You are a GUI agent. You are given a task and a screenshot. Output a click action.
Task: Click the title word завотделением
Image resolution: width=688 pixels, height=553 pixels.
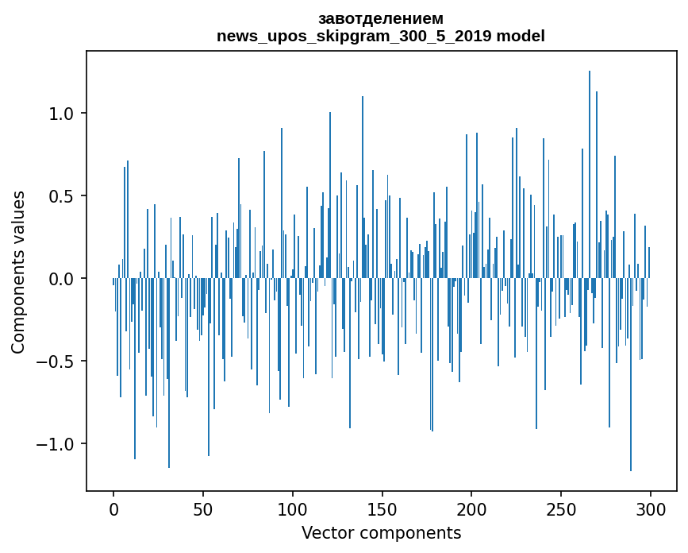[381, 18]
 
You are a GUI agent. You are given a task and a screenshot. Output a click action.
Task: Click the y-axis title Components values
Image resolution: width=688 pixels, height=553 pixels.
[18, 272]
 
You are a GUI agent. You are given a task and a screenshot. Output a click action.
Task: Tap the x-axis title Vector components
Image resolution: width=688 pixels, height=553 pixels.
[381, 532]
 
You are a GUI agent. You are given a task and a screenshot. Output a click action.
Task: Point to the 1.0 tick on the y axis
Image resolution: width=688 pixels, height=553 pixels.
[63, 114]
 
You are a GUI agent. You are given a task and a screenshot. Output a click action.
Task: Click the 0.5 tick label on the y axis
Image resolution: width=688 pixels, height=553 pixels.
[63, 196]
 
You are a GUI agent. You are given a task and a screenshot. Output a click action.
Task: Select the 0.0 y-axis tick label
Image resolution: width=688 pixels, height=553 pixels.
[63, 279]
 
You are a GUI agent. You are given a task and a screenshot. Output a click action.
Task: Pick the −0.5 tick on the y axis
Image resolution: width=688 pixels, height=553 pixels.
[58, 362]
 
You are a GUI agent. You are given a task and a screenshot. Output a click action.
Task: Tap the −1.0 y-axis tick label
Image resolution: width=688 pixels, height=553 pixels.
[58, 444]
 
